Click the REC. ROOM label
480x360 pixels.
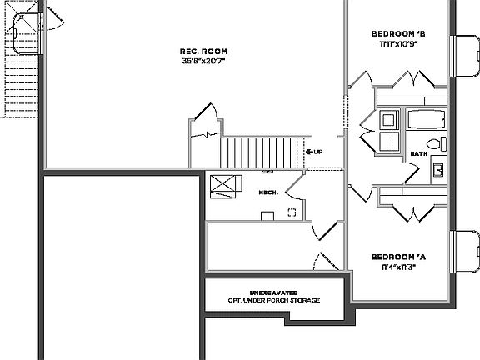[204, 50]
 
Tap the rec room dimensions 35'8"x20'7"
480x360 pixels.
[204, 61]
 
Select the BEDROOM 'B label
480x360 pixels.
[398, 33]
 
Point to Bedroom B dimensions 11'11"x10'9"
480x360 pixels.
[398, 43]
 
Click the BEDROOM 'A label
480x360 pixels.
[398, 256]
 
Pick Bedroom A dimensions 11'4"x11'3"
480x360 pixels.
[398, 267]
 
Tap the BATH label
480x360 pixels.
[418, 155]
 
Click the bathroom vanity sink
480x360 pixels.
[437, 171]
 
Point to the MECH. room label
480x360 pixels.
[268, 192]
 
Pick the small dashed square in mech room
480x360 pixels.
[267, 216]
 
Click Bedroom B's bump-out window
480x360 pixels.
[465, 62]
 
